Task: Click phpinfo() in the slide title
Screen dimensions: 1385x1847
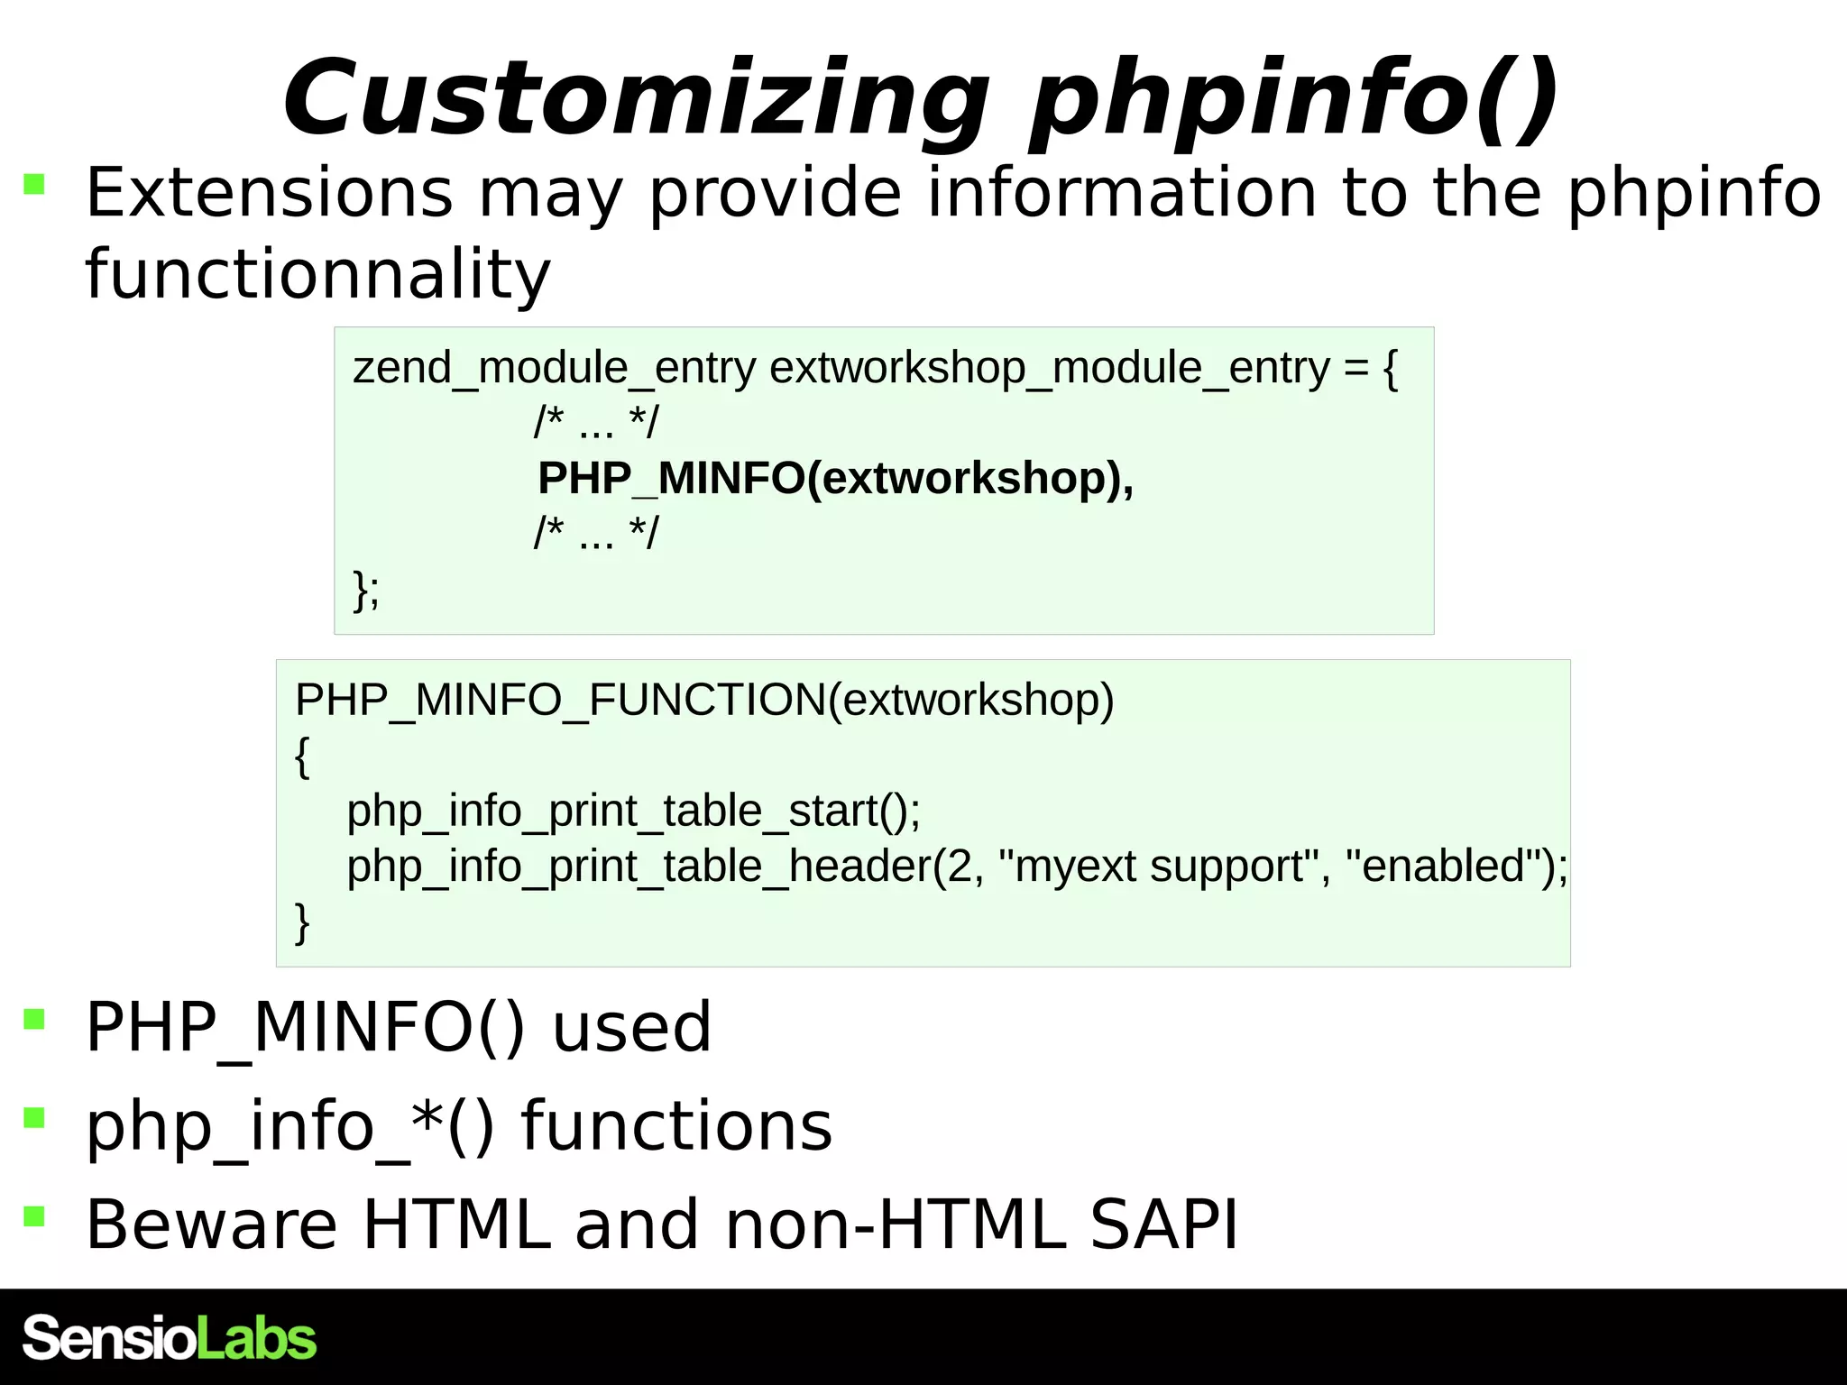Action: [x=1294, y=99]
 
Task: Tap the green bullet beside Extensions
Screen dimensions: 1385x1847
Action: [x=34, y=185]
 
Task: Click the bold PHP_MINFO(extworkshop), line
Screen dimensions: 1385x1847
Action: [x=835, y=478]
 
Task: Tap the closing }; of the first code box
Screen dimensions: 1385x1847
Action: [x=366, y=591]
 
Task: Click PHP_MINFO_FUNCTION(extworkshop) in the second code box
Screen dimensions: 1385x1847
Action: [x=704, y=700]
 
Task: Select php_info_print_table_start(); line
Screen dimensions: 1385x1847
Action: [x=634, y=811]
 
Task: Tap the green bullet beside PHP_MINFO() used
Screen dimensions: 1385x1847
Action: [x=34, y=1020]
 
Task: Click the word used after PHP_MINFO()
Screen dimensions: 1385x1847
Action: [x=631, y=1027]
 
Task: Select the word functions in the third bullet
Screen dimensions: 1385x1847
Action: [x=676, y=1126]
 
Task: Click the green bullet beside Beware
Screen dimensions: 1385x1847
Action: [x=34, y=1216]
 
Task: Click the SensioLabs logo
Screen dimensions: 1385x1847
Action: [x=170, y=1337]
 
